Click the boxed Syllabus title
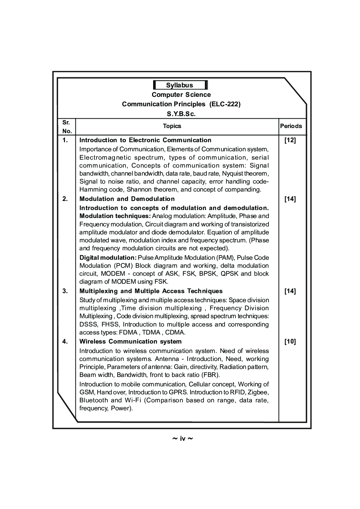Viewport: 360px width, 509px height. tap(180, 85)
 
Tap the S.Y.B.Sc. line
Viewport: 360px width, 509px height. tap(181, 114)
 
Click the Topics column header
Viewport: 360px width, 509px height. tap(172, 126)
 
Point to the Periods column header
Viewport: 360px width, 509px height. tap(291, 126)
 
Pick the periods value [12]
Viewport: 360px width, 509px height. tap(290, 140)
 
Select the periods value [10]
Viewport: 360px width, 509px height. tap(290, 342)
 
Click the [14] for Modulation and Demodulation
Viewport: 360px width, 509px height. tap(290, 199)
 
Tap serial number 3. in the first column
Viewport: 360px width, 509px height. tap(65, 291)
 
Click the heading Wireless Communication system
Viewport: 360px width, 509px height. tap(130, 341)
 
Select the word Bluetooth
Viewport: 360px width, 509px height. tap(94, 400)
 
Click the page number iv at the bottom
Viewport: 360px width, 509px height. tap(182, 439)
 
